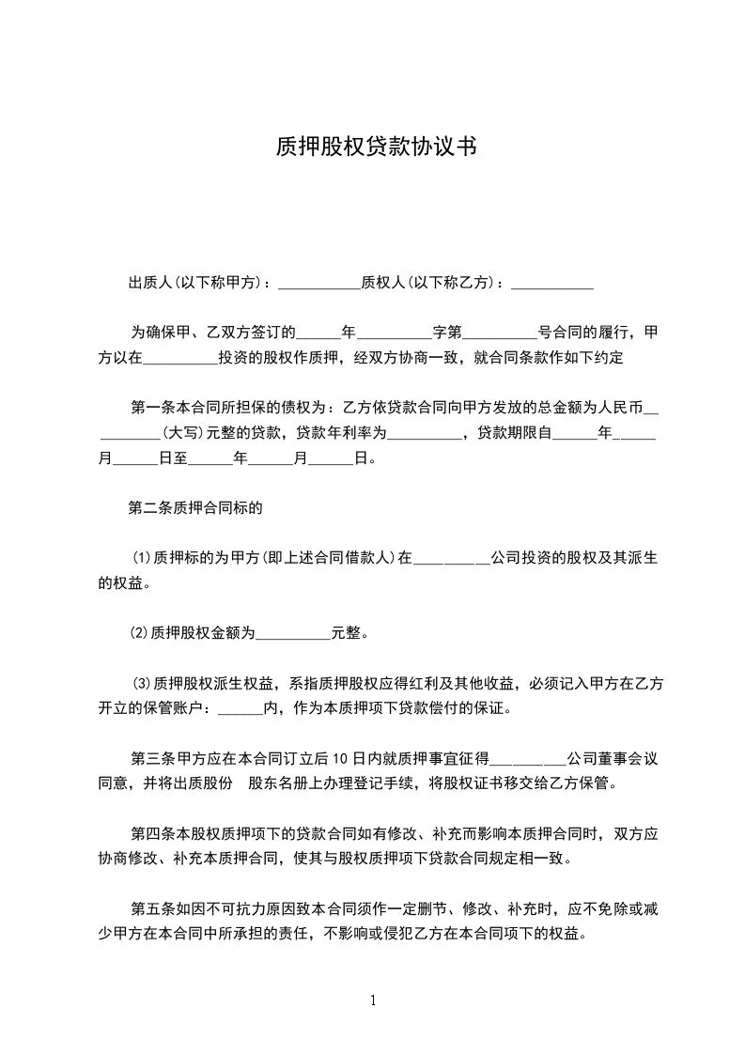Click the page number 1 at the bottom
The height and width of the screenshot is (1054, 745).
pos(373,1000)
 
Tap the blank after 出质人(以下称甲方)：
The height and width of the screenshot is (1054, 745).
pos(319,283)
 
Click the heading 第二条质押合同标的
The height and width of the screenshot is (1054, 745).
pos(194,510)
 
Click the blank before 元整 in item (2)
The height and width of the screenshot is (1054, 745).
pos(293,635)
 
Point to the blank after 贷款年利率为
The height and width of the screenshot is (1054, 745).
pos(425,434)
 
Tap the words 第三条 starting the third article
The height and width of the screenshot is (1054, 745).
pos(151,758)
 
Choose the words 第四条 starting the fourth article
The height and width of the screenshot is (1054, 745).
pos(151,833)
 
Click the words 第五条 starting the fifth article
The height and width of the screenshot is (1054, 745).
pos(151,909)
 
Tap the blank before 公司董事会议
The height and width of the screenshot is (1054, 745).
pos(529,759)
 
